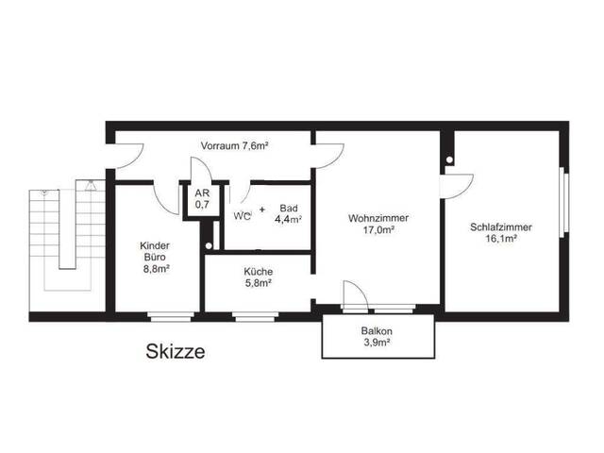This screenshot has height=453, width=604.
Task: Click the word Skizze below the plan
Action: (176, 351)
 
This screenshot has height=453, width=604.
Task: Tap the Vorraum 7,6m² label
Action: (234, 146)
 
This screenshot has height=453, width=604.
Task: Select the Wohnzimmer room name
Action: (378, 218)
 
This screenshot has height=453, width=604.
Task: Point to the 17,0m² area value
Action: (378, 230)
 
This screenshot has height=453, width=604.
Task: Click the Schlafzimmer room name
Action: (501, 226)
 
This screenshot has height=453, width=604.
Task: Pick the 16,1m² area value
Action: (501, 239)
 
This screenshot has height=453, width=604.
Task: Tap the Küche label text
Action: (258, 271)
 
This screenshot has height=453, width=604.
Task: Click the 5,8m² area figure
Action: (259, 283)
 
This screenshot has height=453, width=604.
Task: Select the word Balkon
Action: (377, 331)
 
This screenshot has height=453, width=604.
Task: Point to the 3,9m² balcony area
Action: (377, 343)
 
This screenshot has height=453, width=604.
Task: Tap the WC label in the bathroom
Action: (242, 216)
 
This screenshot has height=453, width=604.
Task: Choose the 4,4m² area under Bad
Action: (288, 220)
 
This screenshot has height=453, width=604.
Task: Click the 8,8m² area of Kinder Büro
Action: (157, 269)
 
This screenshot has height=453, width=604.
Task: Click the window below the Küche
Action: (255, 317)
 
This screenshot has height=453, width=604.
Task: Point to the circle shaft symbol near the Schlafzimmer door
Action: (449, 159)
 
